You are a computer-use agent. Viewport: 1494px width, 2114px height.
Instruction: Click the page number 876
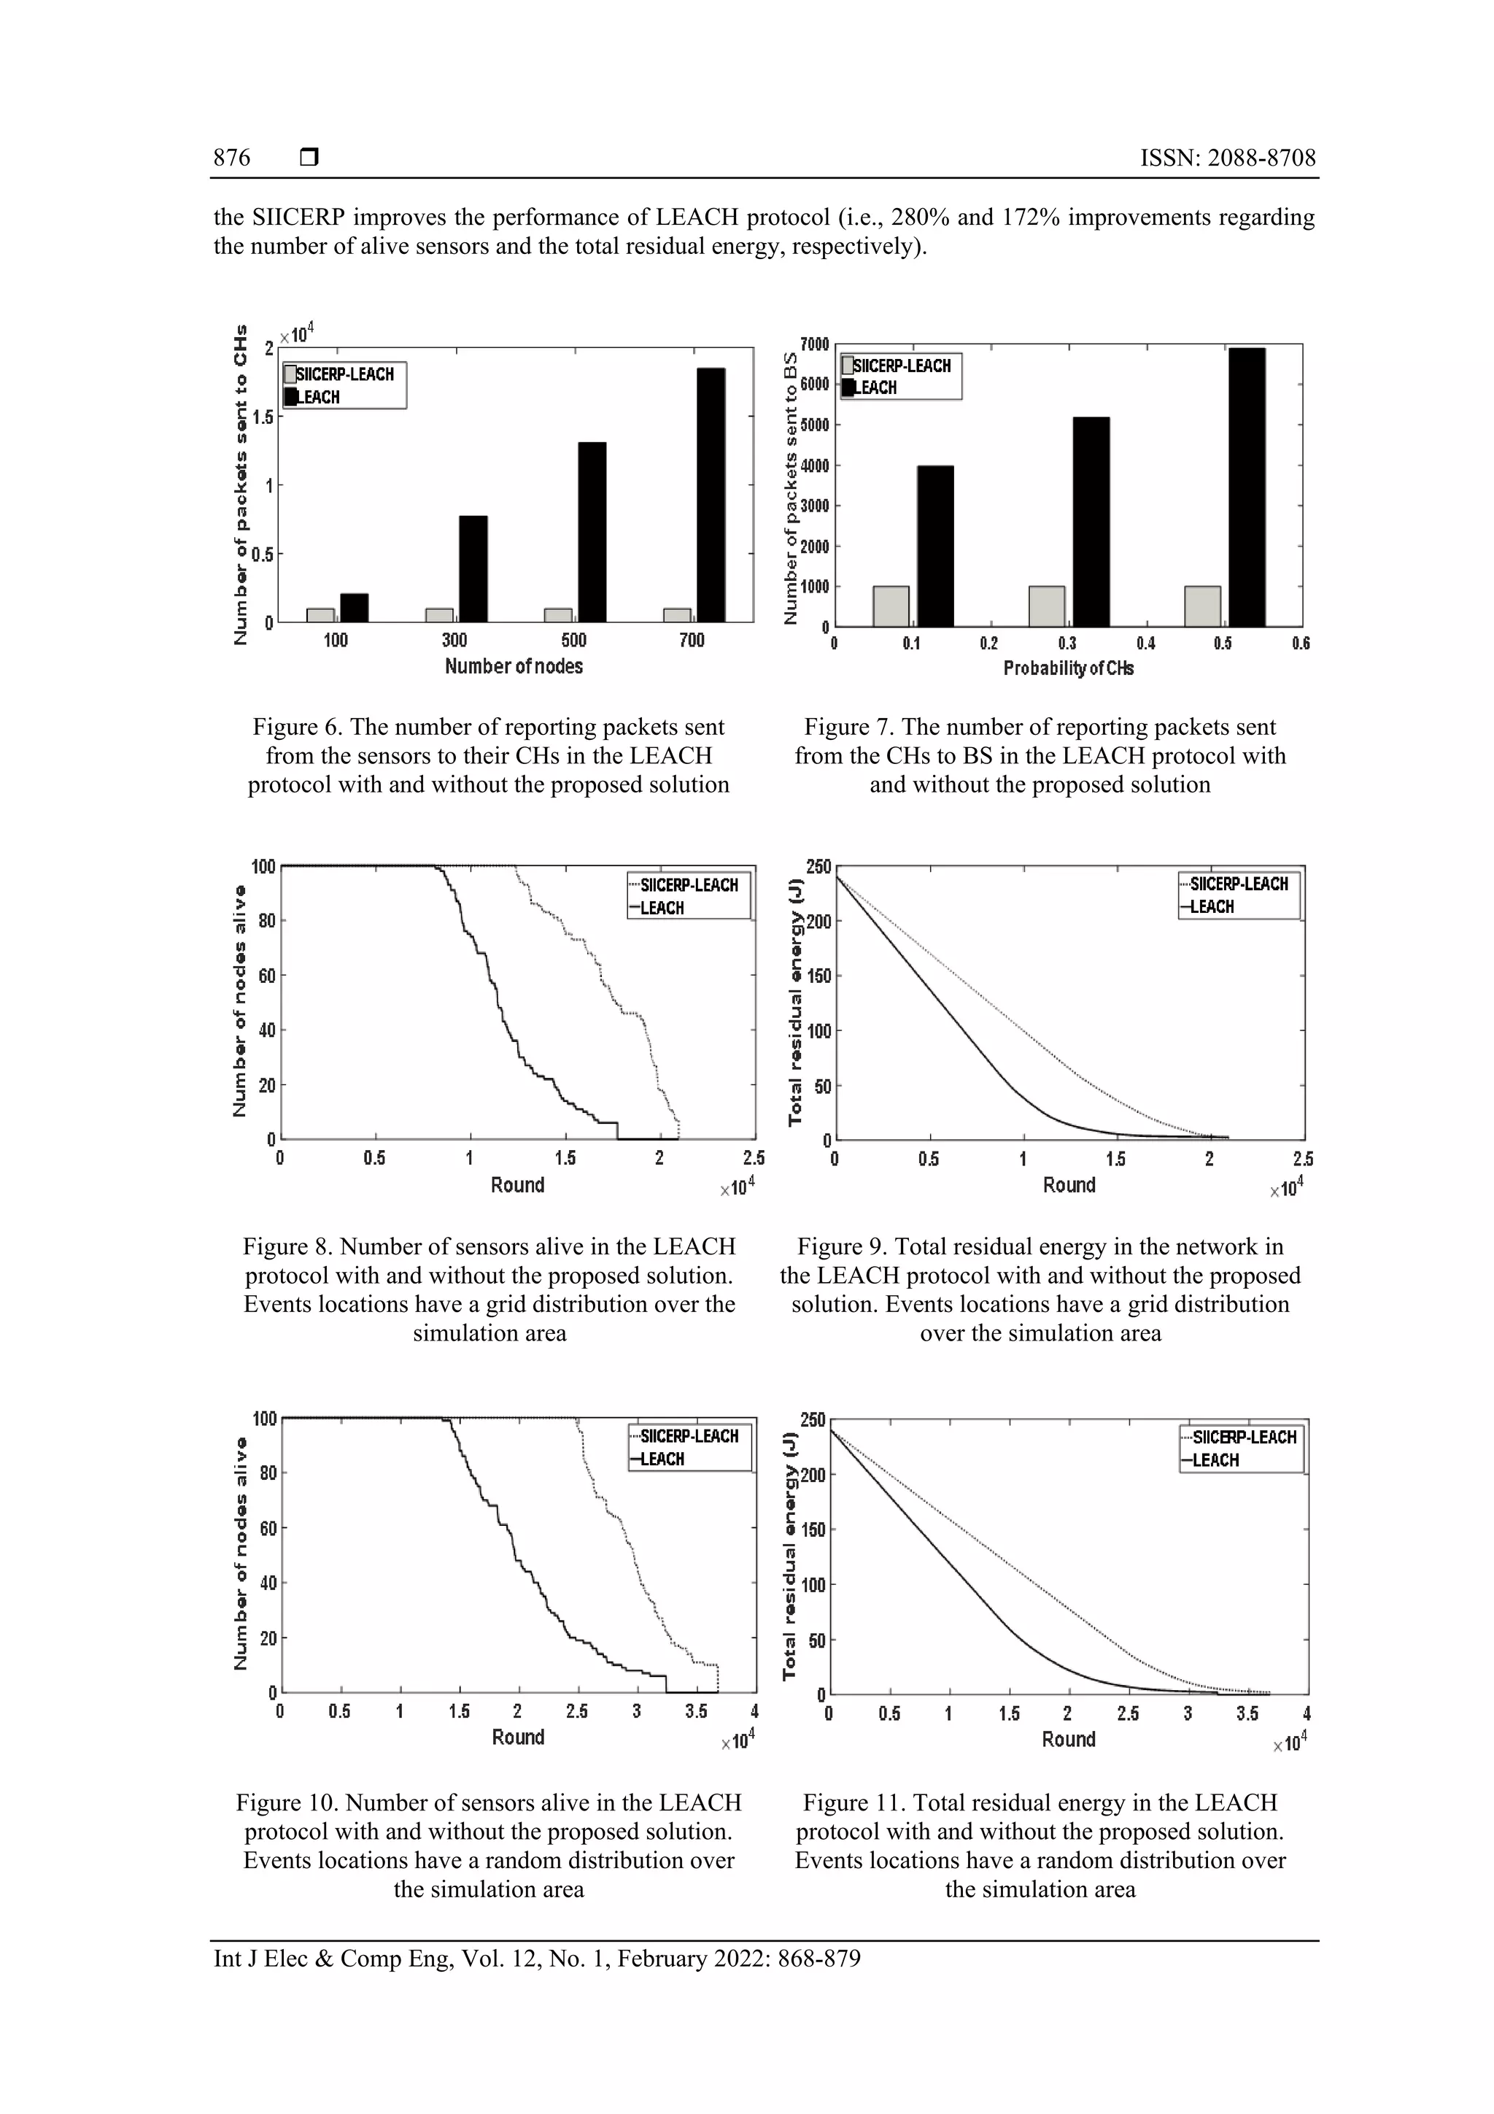click(x=232, y=158)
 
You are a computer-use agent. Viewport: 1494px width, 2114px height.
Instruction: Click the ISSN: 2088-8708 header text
click(x=1227, y=158)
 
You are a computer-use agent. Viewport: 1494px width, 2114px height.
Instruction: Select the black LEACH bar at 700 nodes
click(x=711, y=495)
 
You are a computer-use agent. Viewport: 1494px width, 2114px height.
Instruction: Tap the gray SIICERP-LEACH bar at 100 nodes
click(x=320, y=615)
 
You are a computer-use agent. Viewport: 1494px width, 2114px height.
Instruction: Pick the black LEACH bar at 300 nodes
click(x=473, y=569)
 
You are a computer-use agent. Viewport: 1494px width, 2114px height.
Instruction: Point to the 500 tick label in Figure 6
click(x=573, y=641)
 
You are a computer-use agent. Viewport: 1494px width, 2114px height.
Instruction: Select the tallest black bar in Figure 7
click(x=1247, y=488)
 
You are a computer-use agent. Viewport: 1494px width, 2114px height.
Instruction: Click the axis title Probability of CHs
click(x=1068, y=668)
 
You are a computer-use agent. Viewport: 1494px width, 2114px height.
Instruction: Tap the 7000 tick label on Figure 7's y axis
click(x=815, y=344)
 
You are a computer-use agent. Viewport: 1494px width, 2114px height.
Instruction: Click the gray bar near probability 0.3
click(x=1047, y=606)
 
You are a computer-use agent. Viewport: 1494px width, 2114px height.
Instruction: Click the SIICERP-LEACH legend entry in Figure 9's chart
click(x=1238, y=884)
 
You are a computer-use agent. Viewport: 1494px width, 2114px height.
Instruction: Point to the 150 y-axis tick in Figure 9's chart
click(x=818, y=976)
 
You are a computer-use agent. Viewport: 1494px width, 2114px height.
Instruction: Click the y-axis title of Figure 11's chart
click(x=790, y=1556)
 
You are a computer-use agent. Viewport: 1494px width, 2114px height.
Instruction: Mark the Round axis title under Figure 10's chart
click(x=518, y=1737)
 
